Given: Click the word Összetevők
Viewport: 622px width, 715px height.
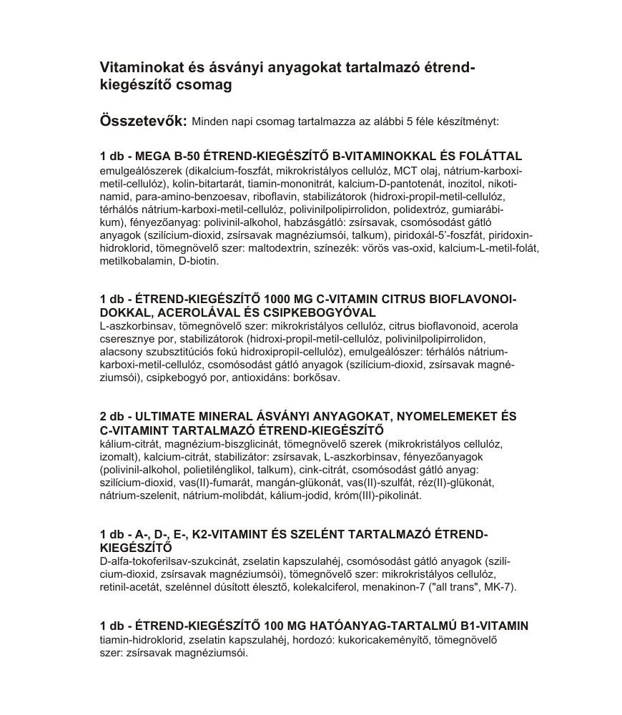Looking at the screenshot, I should tap(143, 120).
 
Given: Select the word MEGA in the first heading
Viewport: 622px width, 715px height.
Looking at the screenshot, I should tap(154, 156).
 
